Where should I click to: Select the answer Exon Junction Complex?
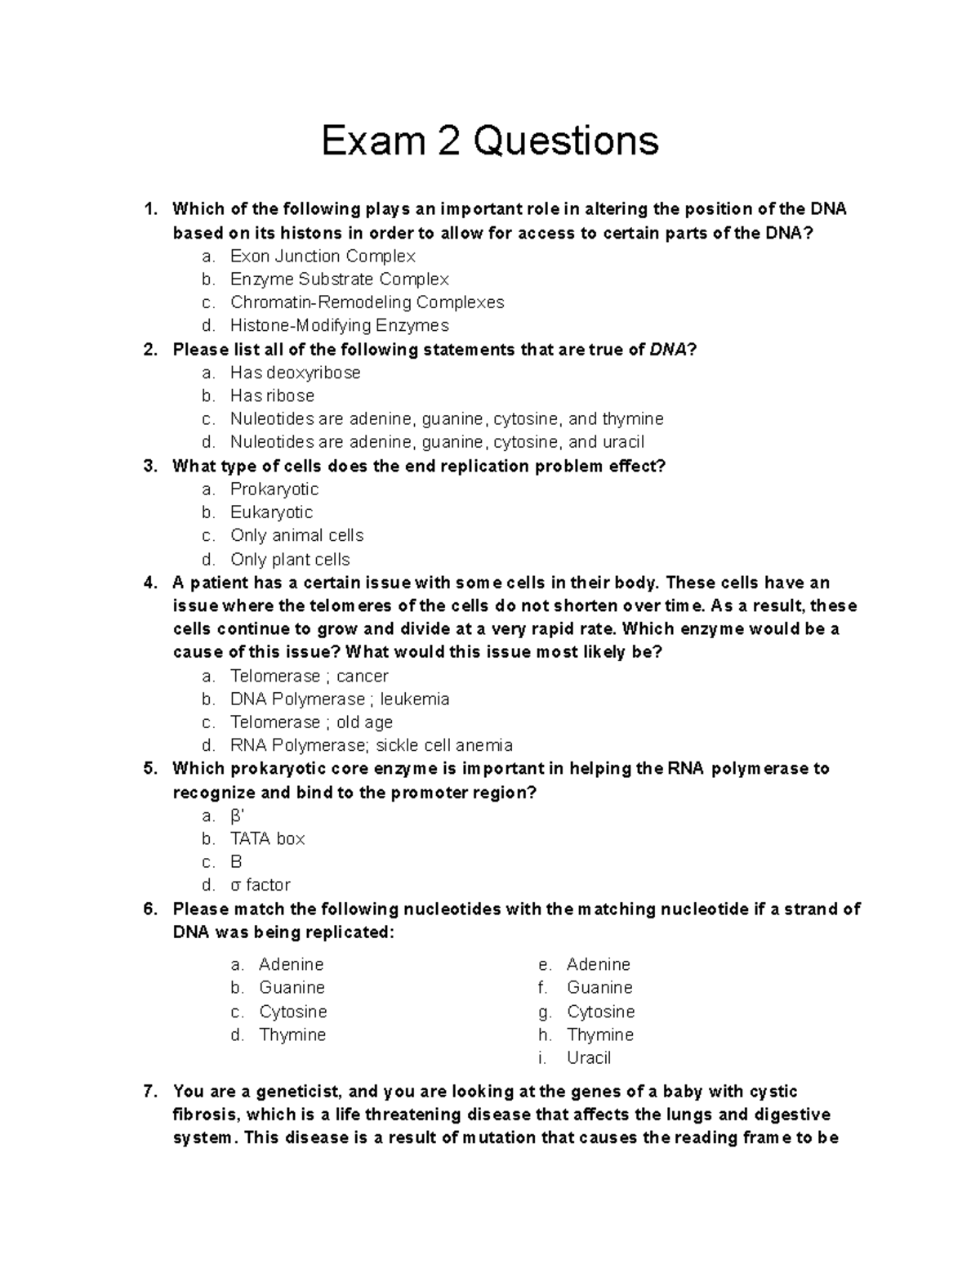click(x=323, y=256)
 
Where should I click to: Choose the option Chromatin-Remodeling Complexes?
click(x=367, y=302)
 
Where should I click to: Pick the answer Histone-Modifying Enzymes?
click(x=339, y=325)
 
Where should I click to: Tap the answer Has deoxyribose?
click(x=295, y=373)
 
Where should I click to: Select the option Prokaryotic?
click(x=274, y=489)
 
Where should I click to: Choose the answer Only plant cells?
click(x=290, y=559)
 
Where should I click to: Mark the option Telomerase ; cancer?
click(x=309, y=676)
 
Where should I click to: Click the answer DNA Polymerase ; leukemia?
click(x=340, y=699)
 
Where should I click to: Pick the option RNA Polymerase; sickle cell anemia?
click(x=371, y=745)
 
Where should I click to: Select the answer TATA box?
click(x=267, y=838)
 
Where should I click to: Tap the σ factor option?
click(x=260, y=885)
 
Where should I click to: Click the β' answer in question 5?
click(x=237, y=815)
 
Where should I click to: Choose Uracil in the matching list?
click(x=588, y=1057)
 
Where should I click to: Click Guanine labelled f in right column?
click(x=599, y=987)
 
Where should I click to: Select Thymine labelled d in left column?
click(x=292, y=1034)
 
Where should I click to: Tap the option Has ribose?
click(x=272, y=395)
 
